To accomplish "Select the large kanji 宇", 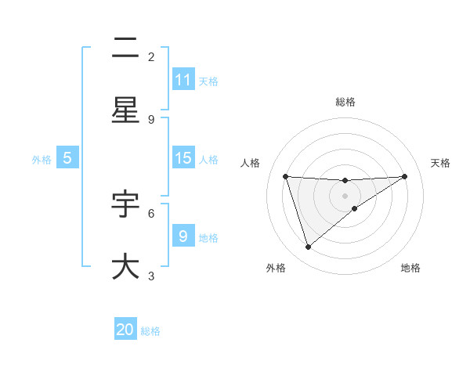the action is [x=125, y=204].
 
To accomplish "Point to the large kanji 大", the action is [x=125, y=266].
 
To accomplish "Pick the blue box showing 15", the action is [x=183, y=158].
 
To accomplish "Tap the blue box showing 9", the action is [x=183, y=236].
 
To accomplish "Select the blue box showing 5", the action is [x=67, y=158].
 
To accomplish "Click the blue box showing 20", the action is [x=125, y=330].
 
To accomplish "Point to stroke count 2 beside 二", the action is [x=151, y=56].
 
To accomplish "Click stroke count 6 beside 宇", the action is [x=151, y=212].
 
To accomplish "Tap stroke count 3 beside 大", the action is [x=151, y=275].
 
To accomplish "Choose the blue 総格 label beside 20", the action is [x=150, y=331].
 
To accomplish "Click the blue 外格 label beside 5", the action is [x=42, y=159].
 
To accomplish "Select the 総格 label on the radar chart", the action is [x=345, y=102].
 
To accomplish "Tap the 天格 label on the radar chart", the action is [x=440, y=163].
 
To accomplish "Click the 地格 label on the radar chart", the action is [x=410, y=269].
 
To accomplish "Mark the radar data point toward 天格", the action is [x=405, y=176].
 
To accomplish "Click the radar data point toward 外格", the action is [x=308, y=247].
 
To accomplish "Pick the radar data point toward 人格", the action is [x=286, y=176].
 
